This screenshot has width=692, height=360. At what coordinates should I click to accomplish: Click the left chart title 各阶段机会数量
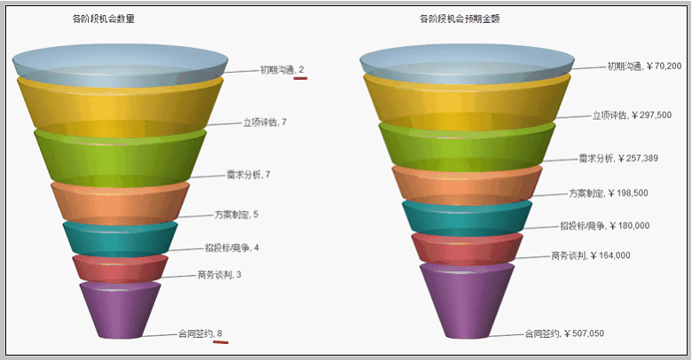pos(103,19)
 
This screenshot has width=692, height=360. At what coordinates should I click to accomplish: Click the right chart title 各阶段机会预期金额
pos(460,19)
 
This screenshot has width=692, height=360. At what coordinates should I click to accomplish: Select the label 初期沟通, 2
pos(282,70)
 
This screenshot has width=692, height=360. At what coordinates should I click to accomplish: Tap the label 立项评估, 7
pos(264,122)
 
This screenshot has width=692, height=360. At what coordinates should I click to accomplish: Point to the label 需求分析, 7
pos(248,175)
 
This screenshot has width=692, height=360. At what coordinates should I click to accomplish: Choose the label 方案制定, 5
pos(237,215)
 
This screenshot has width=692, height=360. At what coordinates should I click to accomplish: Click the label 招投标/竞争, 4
pos(232,247)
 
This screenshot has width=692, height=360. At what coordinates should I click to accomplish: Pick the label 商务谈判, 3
pos(219,275)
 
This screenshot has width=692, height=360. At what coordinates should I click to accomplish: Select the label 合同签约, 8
pos(200,333)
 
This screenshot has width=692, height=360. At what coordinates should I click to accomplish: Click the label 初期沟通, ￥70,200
pos(644,67)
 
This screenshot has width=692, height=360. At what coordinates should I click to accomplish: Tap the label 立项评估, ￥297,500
pos(632,115)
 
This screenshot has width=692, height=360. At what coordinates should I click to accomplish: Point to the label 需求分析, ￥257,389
pos(618,159)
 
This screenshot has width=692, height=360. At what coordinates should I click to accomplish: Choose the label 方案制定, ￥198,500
pos(609,193)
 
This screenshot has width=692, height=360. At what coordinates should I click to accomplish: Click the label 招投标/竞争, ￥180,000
pos(605,226)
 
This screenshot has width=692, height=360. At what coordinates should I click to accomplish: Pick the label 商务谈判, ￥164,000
pos(591,255)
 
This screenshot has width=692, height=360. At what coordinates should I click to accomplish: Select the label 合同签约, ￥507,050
pos(564,333)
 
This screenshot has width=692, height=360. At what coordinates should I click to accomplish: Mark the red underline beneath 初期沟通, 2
pos(301,78)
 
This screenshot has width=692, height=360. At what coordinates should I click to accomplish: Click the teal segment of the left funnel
pos(120,240)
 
